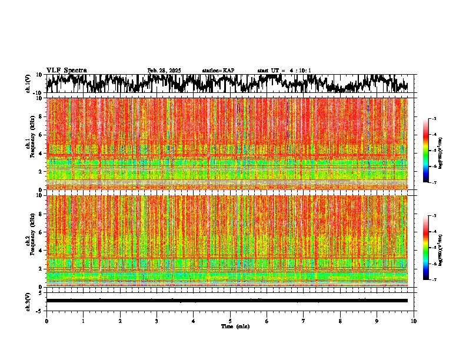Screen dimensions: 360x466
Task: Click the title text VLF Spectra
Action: click(x=66, y=71)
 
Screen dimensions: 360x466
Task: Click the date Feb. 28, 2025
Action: click(x=164, y=71)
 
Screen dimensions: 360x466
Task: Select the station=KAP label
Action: click(x=218, y=71)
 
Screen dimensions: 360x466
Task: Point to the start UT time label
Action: click(x=284, y=71)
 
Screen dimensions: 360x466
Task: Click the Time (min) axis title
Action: click(x=234, y=326)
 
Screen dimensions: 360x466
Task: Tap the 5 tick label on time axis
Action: click(x=231, y=321)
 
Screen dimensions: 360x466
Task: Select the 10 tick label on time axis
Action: click(x=414, y=321)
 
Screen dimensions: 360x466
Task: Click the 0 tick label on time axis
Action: click(x=46, y=321)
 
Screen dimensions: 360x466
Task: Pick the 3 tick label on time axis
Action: click(x=157, y=321)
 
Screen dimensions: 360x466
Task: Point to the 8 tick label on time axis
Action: click(x=341, y=321)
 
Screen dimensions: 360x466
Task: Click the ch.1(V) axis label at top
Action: click(x=28, y=84)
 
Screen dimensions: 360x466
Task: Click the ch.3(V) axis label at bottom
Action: click(x=28, y=301)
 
